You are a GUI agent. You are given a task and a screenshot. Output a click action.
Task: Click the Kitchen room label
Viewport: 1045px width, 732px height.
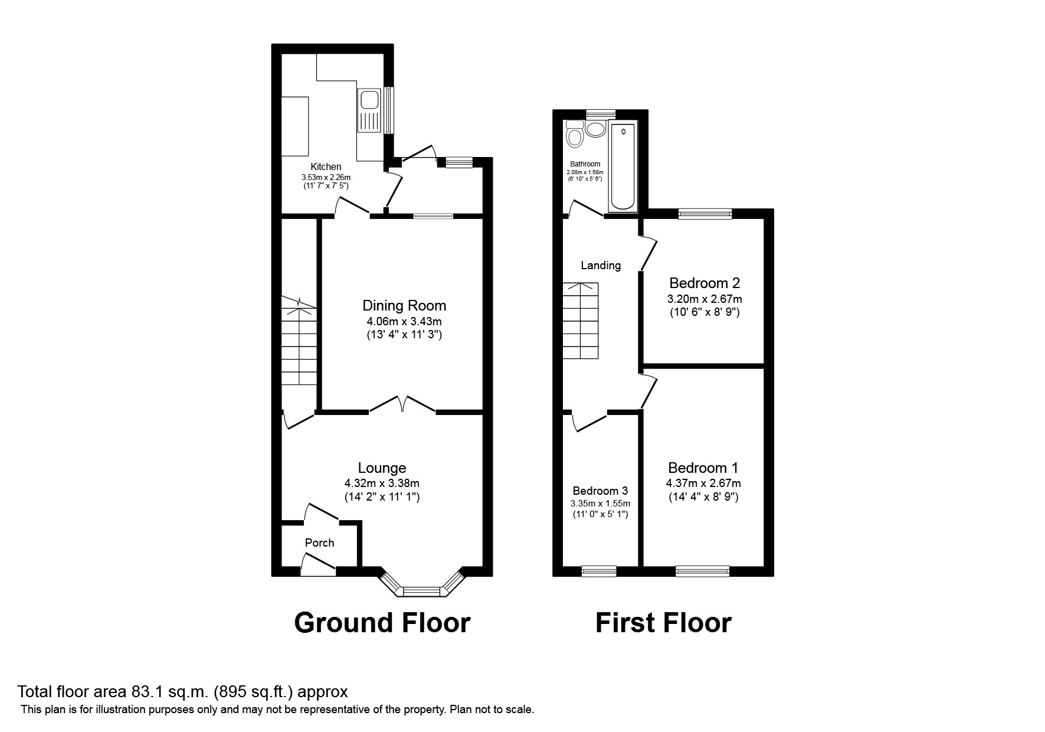326,167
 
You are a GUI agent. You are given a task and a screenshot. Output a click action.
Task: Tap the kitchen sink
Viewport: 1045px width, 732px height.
369,111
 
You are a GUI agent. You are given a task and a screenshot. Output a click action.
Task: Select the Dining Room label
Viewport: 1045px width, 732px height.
404,305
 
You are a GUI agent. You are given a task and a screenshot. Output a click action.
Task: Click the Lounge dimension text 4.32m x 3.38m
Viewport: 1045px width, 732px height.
382,483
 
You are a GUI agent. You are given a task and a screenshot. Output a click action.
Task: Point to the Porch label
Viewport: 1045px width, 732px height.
320,543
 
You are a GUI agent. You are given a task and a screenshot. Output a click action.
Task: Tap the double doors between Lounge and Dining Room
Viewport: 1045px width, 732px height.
402,404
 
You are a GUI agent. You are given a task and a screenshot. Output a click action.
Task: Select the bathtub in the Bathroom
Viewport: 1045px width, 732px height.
623,166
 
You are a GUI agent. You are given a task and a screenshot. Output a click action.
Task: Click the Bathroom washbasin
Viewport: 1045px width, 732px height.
595,129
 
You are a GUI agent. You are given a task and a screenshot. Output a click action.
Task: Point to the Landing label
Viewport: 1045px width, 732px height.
601,265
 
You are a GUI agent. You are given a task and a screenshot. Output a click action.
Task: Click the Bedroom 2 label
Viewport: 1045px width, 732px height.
704,283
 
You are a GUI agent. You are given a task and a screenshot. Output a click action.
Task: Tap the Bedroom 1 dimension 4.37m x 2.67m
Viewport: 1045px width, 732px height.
703,483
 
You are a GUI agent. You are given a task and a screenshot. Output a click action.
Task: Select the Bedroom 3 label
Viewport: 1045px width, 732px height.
600,491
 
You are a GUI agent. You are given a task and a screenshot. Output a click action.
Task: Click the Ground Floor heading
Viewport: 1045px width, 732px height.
382,623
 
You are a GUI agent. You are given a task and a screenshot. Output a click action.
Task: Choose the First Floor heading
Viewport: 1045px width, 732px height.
663,623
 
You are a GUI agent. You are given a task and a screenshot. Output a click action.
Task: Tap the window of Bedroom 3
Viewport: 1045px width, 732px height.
599,571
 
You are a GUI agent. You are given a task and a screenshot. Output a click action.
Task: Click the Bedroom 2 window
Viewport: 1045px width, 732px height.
705,214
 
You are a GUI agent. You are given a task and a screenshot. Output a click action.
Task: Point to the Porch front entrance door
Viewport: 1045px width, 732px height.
319,564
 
